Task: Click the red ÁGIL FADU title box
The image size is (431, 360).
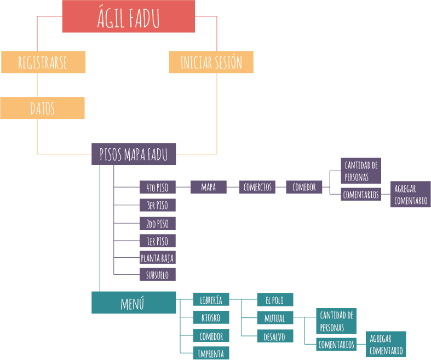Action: pos(128,17)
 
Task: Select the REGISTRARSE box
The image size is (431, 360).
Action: pos(43,62)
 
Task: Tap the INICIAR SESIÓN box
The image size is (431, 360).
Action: pos(211,62)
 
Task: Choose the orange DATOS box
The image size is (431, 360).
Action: pos(42,108)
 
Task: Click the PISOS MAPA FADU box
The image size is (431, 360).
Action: pos(134,154)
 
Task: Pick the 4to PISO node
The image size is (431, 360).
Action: pos(158,188)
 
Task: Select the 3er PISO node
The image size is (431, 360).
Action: pos(158,205)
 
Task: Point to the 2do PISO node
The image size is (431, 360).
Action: pos(158,223)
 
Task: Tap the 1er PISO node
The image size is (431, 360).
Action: pos(158,241)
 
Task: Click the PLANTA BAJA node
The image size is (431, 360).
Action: pos(158,258)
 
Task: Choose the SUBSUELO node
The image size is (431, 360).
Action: pos(158,274)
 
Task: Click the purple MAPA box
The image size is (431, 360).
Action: pos(209,187)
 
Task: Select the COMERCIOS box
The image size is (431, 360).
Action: pos(257,187)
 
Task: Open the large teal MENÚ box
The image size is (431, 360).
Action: pos(134,303)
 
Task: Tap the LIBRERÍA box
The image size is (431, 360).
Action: pos(211,299)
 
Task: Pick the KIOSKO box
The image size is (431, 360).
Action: pos(211,317)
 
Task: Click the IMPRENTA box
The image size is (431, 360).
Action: pos(211,353)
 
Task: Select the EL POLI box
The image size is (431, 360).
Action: pos(275,300)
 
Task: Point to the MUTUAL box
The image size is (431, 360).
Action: pos(275,318)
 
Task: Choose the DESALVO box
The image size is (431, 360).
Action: pos(275,336)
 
